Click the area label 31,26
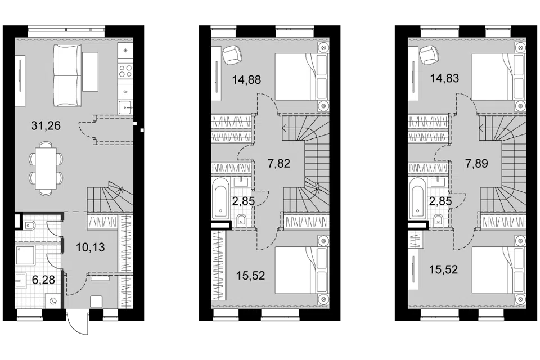pos(46,126)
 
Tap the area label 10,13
pos(90,247)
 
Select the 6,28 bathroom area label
pos(43,280)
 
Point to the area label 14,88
pos(246,80)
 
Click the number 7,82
pos(279,163)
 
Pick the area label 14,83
pos(444,79)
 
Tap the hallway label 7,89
pos(476,163)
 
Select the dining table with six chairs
pos(46,169)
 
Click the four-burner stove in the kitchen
pos(125,71)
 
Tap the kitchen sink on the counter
pos(125,107)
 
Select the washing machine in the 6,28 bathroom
pos(54,300)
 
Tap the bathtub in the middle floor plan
pos(220,197)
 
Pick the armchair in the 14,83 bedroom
pos(429,55)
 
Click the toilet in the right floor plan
pos(438,219)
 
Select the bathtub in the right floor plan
pos(417,197)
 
